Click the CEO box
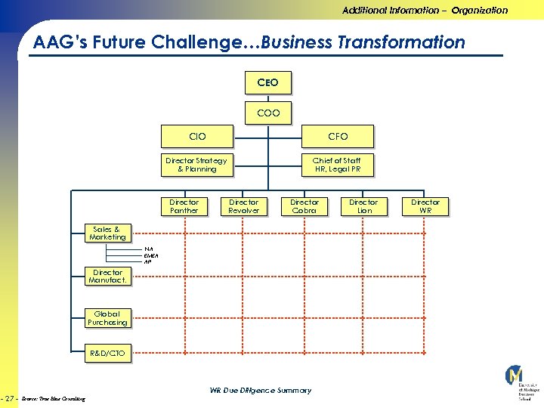tap(267, 82)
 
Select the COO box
tap(267, 113)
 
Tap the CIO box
tap(196, 136)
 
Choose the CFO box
tap(338, 136)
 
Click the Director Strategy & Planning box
tap(196, 165)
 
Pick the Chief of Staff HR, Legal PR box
tap(337, 165)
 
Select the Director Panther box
tap(184, 206)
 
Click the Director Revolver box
tap(243, 206)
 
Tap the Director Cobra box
tap(304, 206)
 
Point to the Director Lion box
tap(363, 206)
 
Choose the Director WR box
tap(425, 206)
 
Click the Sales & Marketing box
tap(107, 233)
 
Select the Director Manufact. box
tap(107, 277)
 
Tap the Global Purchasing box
tap(107, 318)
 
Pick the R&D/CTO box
tap(107, 353)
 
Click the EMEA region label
tap(151, 255)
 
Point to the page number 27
tap(11, 397)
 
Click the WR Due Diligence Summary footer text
tap(260, 391)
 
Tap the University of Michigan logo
tap(516, 382)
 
